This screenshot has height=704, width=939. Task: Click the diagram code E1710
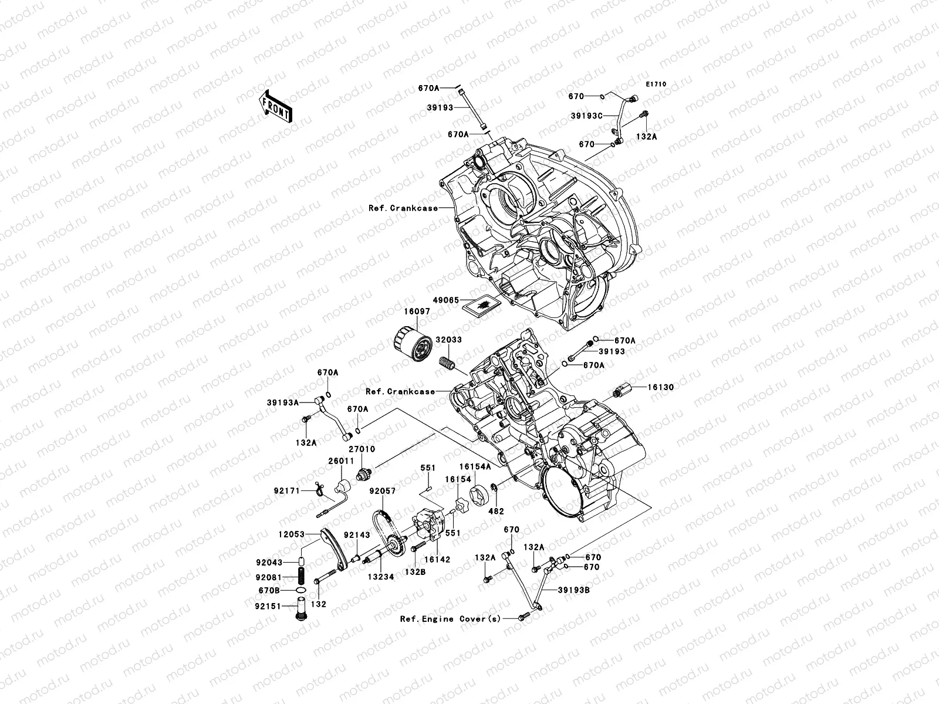click(x=657, y=84)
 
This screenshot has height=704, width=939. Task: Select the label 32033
click(x=448, y=340)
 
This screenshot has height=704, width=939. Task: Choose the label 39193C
click(x=586, y=116)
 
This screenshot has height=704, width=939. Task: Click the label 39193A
click(x=283, y=403)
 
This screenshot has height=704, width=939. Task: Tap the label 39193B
click(x=573, y=591)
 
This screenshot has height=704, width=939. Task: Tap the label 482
click(x=496, y=512)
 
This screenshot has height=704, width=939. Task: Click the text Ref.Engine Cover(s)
click(x=451, y=619)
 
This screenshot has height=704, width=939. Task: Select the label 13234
click(x=380, y=577)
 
